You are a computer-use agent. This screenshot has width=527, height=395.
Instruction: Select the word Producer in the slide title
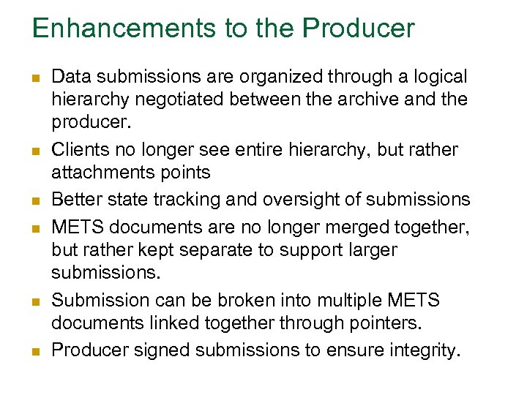coord(358,29)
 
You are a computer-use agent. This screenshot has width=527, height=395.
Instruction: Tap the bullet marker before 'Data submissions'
coord(36,78)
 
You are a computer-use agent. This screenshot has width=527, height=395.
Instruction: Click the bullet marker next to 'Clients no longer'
coord(36,151)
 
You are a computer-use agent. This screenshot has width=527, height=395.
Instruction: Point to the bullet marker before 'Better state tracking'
coord(36,200)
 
